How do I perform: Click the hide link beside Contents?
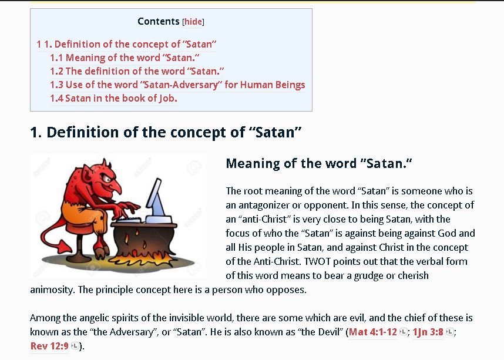193,22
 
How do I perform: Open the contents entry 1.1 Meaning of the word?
125,58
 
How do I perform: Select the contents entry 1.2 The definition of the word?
137,71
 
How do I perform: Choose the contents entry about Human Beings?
177,85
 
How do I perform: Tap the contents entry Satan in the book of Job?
113,98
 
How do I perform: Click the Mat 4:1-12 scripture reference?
373,332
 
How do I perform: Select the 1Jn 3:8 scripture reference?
428,332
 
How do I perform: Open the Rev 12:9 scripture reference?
49,346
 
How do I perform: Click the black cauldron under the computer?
144,240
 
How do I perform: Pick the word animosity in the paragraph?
52,290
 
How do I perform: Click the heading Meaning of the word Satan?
319,163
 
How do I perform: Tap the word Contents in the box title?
159,21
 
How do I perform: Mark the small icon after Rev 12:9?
75,346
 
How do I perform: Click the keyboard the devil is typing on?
129,220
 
